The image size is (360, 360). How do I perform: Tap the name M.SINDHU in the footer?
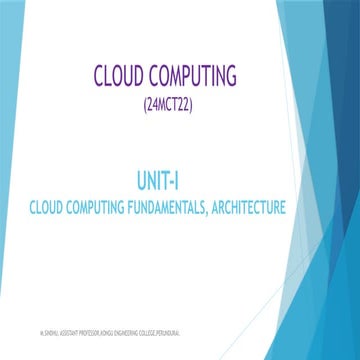[43, 328]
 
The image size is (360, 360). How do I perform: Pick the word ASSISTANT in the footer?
[66, 328]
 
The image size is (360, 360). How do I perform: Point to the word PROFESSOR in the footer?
[91, 328]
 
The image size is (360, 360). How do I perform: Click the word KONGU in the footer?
[112, 328]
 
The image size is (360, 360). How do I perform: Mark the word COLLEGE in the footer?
[158, 328]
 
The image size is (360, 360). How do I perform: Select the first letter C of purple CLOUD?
[99, 77]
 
